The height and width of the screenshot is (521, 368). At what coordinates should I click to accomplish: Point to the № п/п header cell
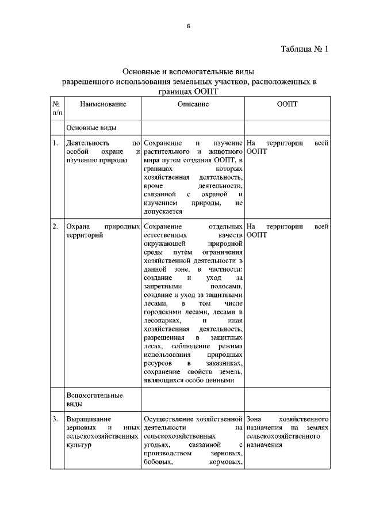coord(56,109)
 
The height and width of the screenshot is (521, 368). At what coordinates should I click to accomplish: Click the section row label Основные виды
coord(92,128)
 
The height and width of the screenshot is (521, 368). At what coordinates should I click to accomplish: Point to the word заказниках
coord(223,364)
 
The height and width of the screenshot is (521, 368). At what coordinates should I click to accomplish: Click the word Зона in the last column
coord(255,419)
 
